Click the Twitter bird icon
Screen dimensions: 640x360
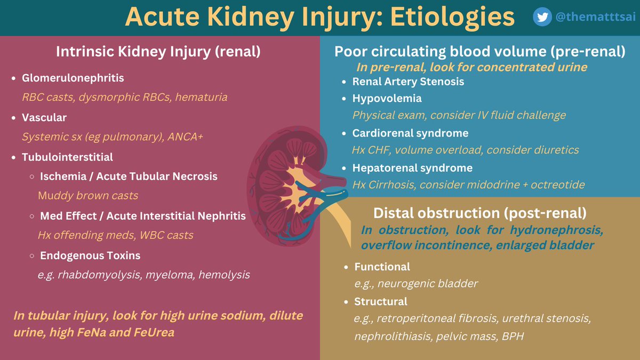(542, 17)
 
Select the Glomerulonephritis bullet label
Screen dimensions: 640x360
(73, 78)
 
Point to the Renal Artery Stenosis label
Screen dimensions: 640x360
(408, 82)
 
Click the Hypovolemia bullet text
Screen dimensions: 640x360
(387, 98)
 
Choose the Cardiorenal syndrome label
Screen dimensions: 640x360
(410, 133)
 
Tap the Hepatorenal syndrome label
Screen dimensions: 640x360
(412, 168)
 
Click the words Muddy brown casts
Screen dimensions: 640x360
(88, 195)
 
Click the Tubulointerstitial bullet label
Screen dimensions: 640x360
(67, 157)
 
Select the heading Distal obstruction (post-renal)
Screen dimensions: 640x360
(479, 213)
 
